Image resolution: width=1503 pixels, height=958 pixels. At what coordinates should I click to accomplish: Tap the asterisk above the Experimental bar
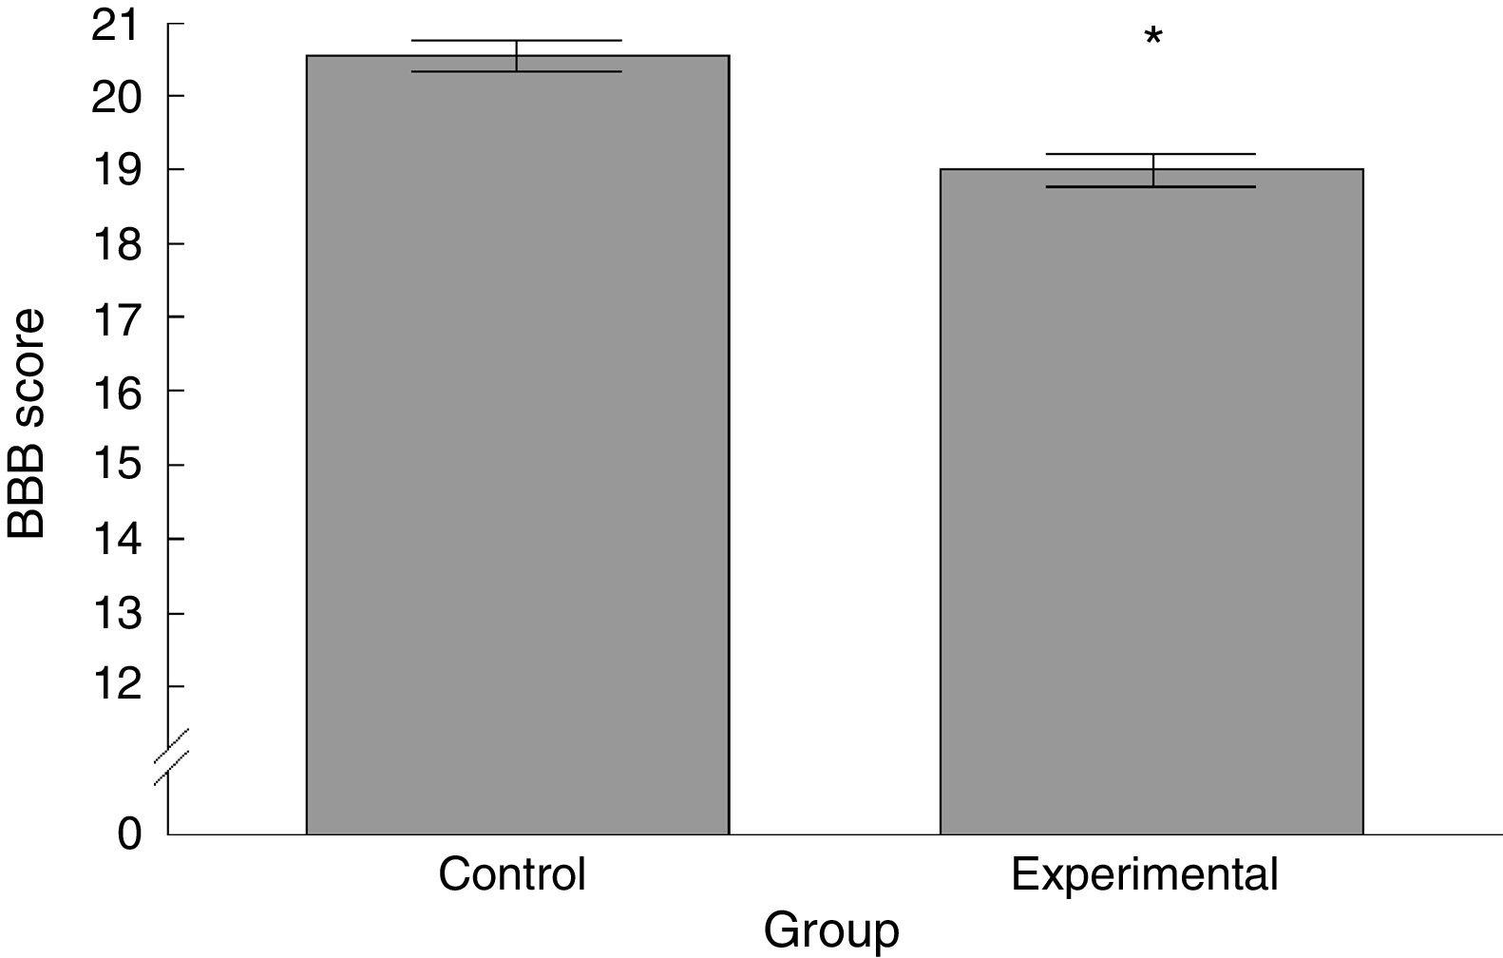[x=1153, y=38]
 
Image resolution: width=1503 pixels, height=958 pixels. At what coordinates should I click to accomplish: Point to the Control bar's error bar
[x=517, y=55]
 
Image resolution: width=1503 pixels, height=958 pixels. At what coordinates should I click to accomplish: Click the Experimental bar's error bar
[x=1153, y=170]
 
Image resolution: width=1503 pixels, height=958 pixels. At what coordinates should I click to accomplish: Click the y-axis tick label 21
[x=115, y=23]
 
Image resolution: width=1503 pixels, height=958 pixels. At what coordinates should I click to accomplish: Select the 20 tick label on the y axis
[x=115, y=96]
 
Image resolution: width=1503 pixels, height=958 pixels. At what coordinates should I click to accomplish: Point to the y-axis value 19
[x=115, y=169]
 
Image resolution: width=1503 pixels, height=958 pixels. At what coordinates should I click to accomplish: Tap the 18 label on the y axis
[x=115, y=243]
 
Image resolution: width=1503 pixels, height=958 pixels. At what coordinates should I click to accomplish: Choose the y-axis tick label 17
[x=115, y=316]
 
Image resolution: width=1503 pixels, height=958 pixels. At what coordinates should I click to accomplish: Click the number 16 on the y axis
[x=115, y=391]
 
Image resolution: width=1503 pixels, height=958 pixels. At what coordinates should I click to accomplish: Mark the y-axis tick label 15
[x=115, y=465]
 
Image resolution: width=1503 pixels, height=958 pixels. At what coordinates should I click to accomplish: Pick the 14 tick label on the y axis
[x=115, y=539]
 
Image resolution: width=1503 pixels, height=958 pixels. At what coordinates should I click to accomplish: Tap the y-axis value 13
[x=115, y=613]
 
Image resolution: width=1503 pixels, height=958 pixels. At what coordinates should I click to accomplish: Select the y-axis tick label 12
[x=115, y=686]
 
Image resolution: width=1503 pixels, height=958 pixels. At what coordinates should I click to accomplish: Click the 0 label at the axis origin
[x=129, y=834]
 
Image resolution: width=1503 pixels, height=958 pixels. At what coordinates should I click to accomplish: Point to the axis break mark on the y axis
[x=170, y=757]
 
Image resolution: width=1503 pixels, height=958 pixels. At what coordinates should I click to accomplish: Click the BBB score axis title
[x=27, y=423]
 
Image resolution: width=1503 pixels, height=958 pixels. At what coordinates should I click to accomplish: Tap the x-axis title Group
[x=830, y=931]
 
